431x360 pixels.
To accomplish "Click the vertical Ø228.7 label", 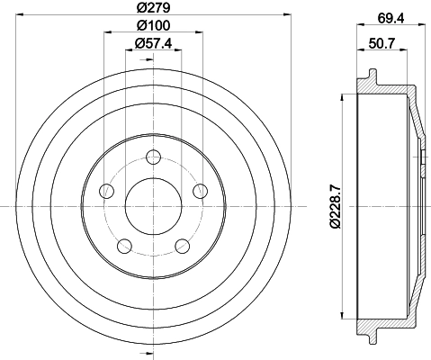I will click(335, 207).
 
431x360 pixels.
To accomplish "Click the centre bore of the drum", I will click(151, 205).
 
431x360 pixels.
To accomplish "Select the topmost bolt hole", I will click(151, 158).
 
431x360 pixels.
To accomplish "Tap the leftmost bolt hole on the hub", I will click(107, 190).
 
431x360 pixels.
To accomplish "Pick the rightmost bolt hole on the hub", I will click(195, 190).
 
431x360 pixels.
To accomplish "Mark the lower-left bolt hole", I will click(123, 243).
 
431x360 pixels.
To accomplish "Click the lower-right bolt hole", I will click(179, 243).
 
